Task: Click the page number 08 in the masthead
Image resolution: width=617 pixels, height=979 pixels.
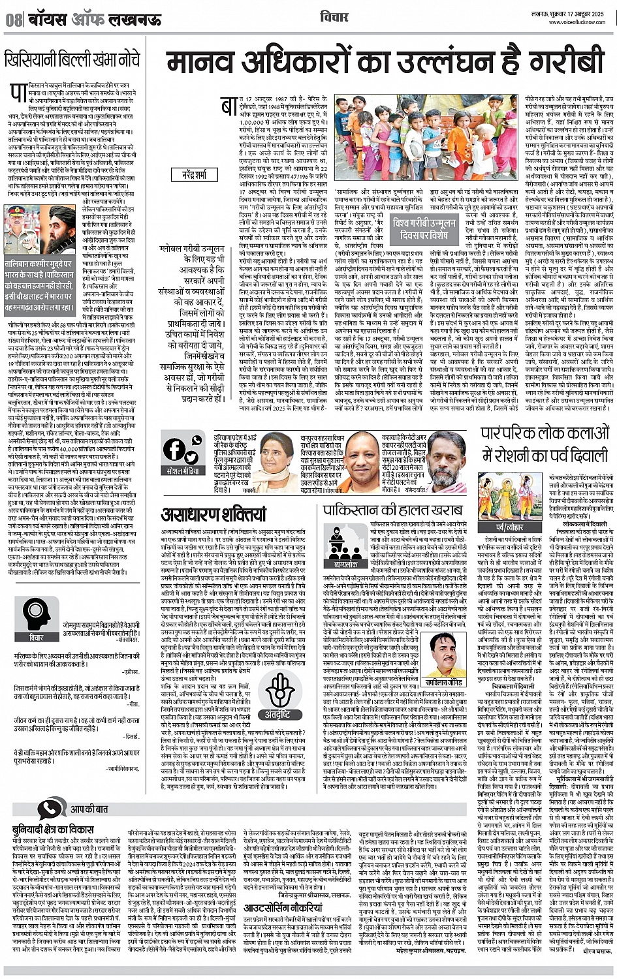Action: click(x=14, y=20)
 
